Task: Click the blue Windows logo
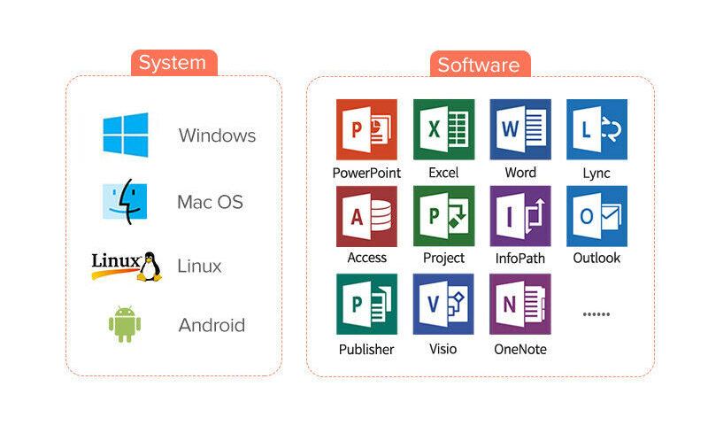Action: point(126,135)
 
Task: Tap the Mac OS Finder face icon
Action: point(125,201)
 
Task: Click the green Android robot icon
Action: point(125,324)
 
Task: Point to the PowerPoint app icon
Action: point(366,129)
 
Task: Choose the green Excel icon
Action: point(443,129)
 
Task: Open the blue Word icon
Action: point(520,129)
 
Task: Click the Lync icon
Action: point(596,129)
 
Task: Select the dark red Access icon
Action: point(366,216)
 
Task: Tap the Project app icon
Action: point(443,216)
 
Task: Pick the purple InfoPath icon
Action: point(520,216)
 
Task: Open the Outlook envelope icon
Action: point(596,216)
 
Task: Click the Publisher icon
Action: point(366,304)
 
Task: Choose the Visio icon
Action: point(443,304)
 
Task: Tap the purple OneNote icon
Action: point(520,304)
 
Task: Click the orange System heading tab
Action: point(173,63)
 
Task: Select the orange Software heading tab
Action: point(479,65)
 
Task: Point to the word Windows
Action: point(217,135)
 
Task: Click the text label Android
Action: point(212,325)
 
